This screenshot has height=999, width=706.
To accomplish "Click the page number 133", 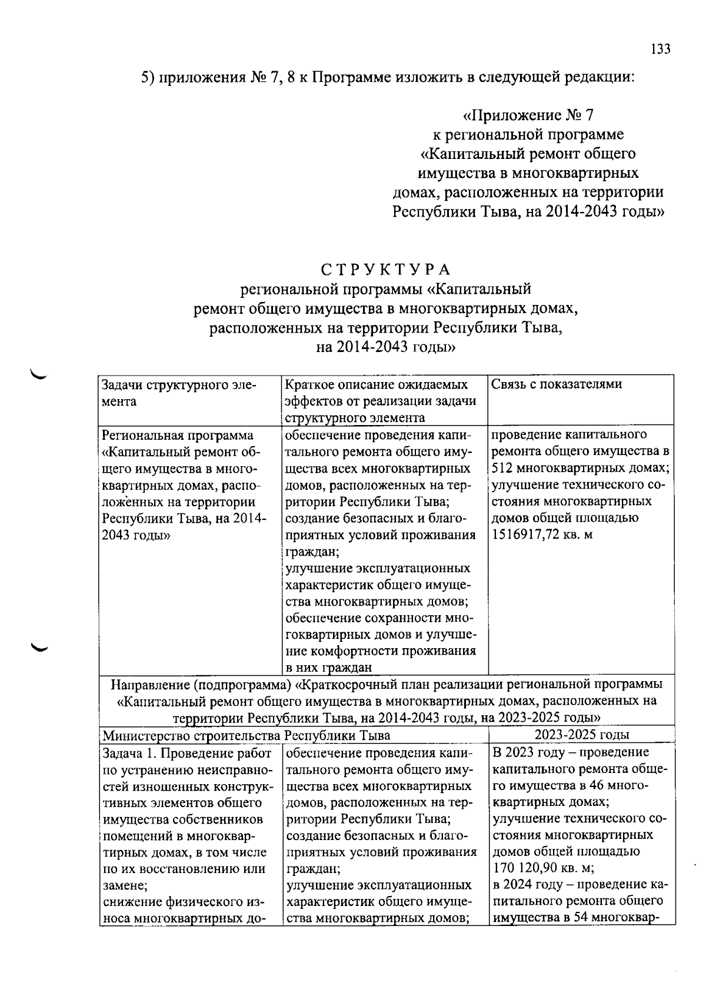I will coord(660,49).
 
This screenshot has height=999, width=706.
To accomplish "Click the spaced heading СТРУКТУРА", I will coord(386,270).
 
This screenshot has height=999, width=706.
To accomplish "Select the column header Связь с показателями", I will coord(557,385).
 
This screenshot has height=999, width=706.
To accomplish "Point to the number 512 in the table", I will coord(503,468).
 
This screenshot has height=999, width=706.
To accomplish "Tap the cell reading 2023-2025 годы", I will coord(581,735).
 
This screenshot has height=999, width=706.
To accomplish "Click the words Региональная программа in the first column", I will coord(178,436).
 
